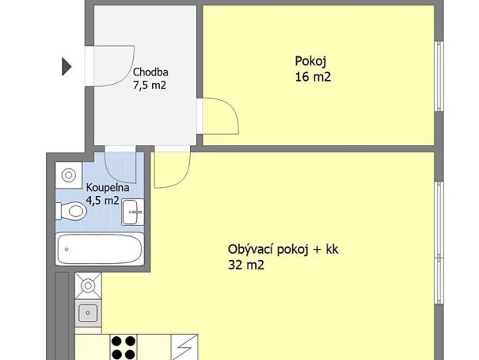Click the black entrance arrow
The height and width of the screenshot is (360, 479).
[x=66, y=67]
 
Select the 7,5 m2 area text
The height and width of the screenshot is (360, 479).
[x=149, y=85]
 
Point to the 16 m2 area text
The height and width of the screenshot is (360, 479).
[x=312, y=76]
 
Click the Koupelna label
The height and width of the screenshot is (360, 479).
[x=108, y=188]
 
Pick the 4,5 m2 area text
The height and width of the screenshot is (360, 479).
[x=102, y=201]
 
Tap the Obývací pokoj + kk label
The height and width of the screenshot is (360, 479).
[x=283, y=250]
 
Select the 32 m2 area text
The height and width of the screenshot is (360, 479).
[x=246, y=265]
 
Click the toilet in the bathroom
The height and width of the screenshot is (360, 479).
[x=72, y=209]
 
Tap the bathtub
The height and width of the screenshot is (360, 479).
[x=100, y=249]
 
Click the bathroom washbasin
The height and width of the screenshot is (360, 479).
[x=133, y=210]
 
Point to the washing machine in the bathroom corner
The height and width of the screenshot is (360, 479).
[x=69, y=175]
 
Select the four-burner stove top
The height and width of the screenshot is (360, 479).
[x=122, y=347]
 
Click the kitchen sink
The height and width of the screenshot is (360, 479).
[x=88, y=312]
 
